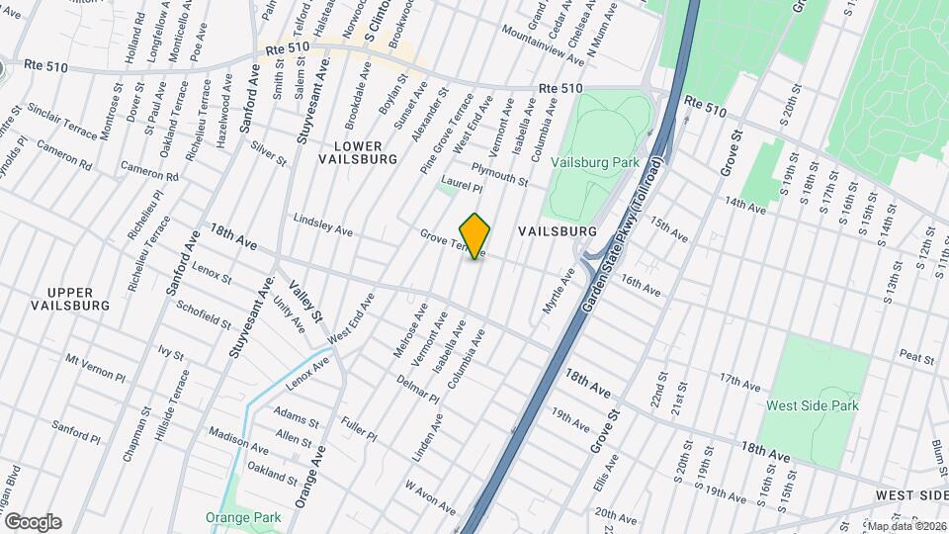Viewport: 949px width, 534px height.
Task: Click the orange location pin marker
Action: pyautogui.click(x=474, y=235)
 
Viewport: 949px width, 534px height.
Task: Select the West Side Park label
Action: pyautogui.click(x=813, y=405)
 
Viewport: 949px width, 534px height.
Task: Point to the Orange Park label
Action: pyautogui.click(x=243, y=517)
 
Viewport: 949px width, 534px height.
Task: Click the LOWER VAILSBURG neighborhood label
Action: pyautogui.click(x=358, y=151)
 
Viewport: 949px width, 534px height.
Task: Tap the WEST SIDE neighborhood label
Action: pyautogui.click(x=910, y=494)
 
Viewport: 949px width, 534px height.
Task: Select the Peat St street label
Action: pyautogui.click(x=917, y=355)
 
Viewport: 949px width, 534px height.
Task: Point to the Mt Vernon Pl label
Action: pyautogui.click(x=96, y=368)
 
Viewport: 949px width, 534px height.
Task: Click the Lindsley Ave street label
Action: pyautogui.click(x=323, y=224)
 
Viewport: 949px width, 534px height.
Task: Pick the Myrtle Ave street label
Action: pyautogui.click(x=559, y=292)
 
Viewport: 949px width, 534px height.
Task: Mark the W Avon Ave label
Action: pyautogui.click(x=429, y=496)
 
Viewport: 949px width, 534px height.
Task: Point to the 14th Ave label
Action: pyautogui.click(x=745, y=205)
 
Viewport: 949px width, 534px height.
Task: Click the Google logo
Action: pyautogui.click(x=32, y=522)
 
